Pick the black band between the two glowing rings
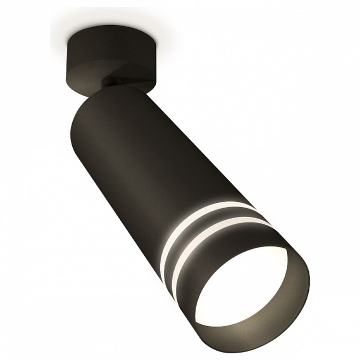[x=203, y=227]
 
